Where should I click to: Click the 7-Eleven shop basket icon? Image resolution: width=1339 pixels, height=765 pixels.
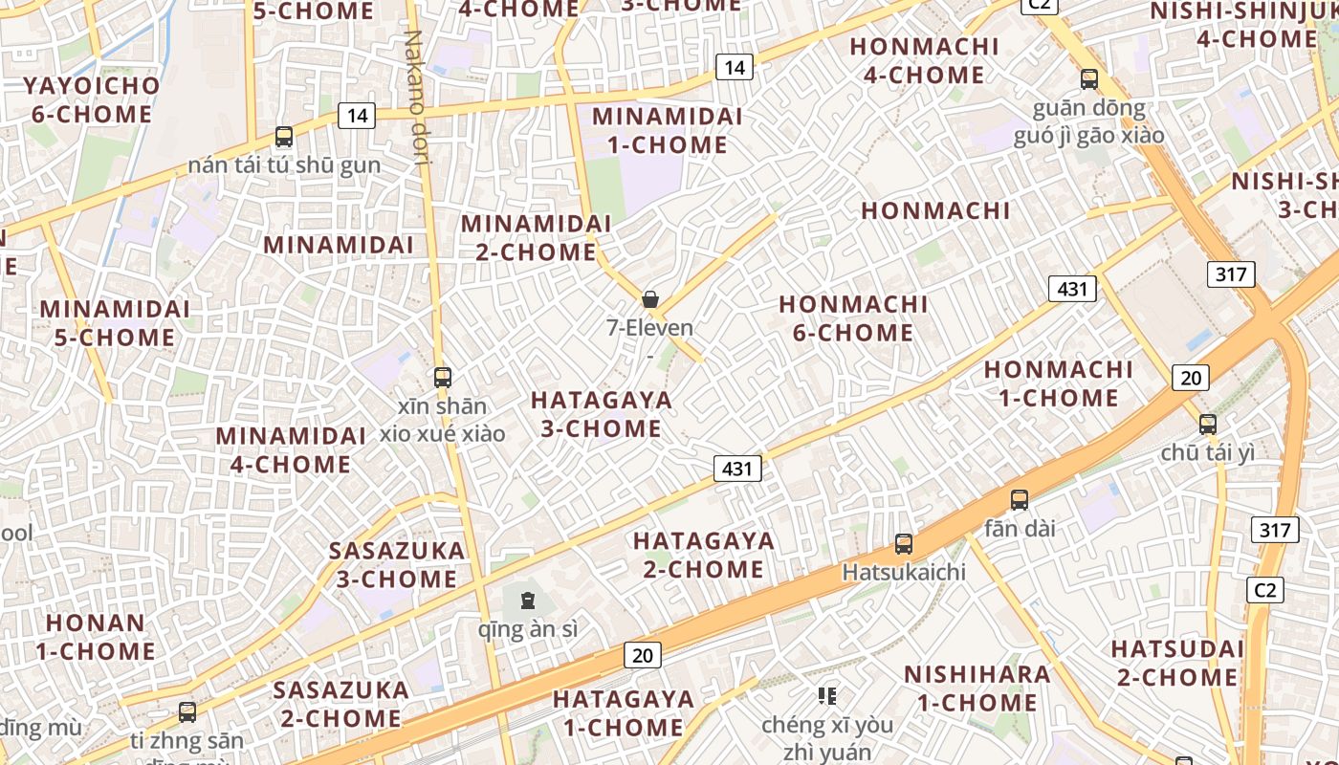point(650,299)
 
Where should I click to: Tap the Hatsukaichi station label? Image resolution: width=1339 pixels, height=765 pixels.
point(904,572)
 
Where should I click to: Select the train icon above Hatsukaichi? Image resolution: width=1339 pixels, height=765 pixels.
point(904,544)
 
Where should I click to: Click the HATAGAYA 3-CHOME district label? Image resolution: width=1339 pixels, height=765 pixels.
point(602,414)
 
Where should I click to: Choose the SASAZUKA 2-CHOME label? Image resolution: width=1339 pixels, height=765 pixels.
point(340,704)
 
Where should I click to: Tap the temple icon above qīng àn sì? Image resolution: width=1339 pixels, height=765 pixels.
point(527,601)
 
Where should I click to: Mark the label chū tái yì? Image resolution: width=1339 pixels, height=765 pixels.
point(1207,452)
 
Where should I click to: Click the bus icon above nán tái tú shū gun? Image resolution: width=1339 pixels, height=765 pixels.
point(284,137)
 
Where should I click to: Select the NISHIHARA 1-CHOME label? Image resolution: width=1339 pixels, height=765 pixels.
point(977,688)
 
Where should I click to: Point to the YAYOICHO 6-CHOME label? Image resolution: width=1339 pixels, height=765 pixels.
point(92,99)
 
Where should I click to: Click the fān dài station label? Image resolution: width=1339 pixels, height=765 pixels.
point(1020,527)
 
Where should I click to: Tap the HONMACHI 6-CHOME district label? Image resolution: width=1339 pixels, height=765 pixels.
point(853,318)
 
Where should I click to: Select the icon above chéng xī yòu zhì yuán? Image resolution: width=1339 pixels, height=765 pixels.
point(827,696)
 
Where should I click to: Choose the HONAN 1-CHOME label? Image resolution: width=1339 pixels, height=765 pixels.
point(96,637)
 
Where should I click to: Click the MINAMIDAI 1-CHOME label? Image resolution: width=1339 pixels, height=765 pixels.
point(667,130)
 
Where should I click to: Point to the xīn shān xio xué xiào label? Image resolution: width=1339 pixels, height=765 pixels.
point(442,420)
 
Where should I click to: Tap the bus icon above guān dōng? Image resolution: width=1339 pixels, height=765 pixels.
point(1088,79)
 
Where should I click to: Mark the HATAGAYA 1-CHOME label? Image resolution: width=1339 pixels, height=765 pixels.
point(624,713)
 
